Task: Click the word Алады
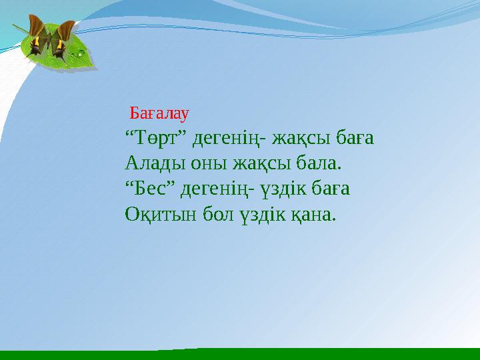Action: (149, 165)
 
